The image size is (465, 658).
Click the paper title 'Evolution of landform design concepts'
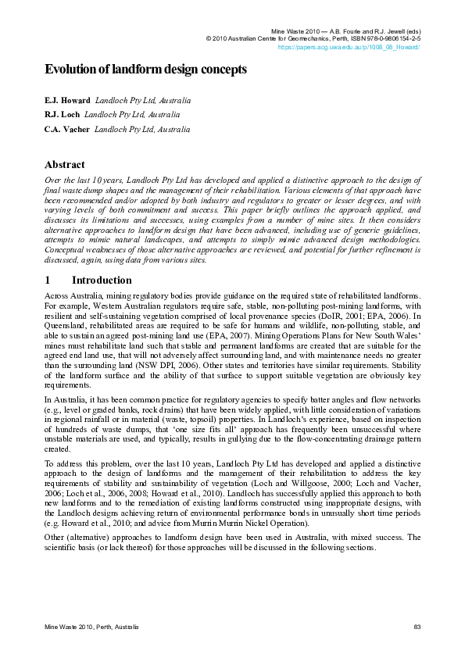coord(145,70)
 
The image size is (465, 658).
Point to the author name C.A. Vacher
coord(66,128)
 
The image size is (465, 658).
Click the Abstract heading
coord(65,166)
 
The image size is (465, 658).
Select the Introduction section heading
coord(102,280)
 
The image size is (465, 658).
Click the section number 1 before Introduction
coord(48,280)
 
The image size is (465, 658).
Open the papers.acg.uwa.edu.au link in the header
coord(349,47)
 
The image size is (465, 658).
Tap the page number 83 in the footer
coord(417,627)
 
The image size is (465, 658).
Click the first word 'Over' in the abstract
coord(53,181)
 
